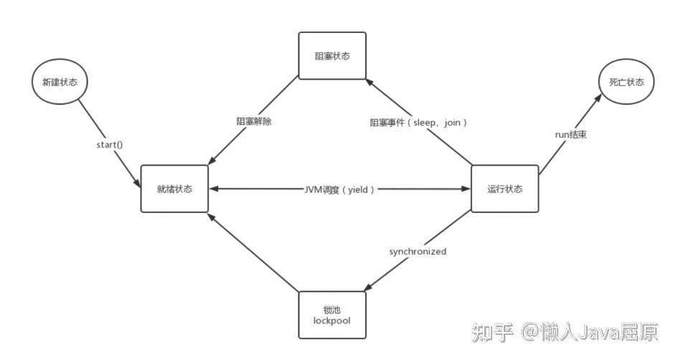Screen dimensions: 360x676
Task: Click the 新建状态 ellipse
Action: pos(60,82)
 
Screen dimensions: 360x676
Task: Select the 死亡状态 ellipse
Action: pos(626,82)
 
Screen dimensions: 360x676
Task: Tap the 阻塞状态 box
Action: pos(332,56)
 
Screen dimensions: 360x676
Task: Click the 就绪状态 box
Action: pos(174,189)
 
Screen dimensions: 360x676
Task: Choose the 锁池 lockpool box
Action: pos(332,315)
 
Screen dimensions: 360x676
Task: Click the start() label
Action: pos(109,144)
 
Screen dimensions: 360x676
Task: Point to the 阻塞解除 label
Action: pos(254,121)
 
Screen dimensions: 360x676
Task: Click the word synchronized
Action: pos(418,252)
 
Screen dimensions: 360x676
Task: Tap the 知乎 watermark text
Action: pos(491,332)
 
